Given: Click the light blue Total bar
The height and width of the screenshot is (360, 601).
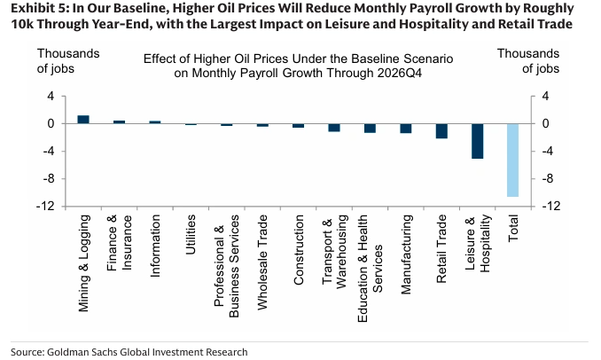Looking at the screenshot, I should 512,160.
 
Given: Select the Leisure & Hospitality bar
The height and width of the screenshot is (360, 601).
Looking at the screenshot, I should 477,141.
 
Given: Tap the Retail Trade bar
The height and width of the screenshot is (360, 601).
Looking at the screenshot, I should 441,131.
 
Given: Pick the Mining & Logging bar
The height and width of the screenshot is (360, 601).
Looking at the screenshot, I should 83,119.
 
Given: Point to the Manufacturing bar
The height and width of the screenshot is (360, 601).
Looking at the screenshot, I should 405,129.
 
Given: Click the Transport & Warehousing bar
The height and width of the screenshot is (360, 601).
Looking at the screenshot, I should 334,128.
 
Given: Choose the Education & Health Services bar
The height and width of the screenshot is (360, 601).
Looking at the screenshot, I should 370,128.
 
